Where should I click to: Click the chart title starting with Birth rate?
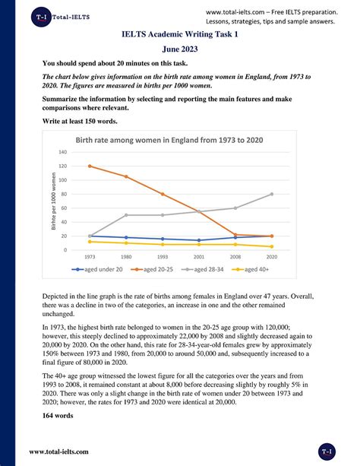[168, 140]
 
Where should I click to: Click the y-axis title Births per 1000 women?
[54, 202]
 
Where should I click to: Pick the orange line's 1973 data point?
[90, 166]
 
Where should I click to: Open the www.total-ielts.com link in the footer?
[59, 452]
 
